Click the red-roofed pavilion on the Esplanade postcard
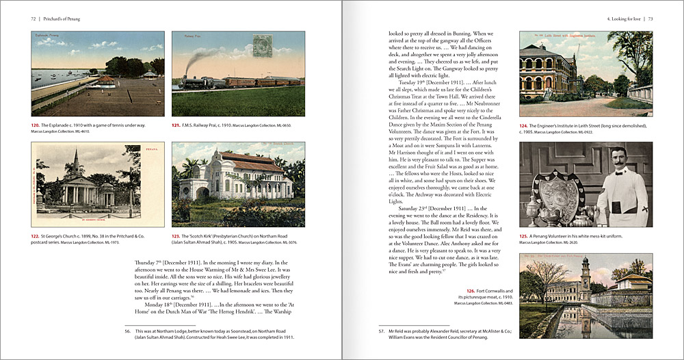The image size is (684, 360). [x=105, y=81]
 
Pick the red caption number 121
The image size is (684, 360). [x=176, y=125]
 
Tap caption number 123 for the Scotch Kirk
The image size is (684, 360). [x=176, y=235]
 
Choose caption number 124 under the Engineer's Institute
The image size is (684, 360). [x=525, y=126]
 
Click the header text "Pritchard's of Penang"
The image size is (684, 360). [x=62, y=18]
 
